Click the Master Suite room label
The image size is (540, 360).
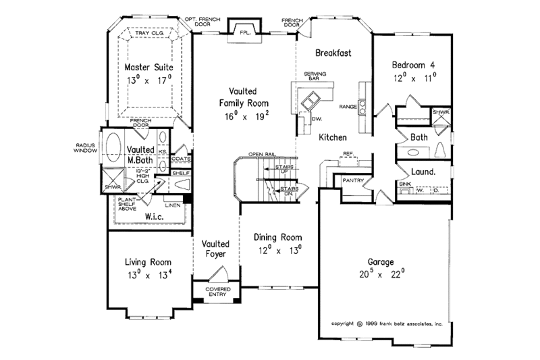click(x=149, y=68)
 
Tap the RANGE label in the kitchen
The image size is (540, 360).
click(x=348, y=106)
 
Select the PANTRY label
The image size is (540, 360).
click(x=354, y=181)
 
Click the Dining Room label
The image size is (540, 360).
click(x=277, y=238)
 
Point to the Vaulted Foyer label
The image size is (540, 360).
click(x=215, y=249)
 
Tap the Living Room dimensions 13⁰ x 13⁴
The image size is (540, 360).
click(x=148, y=274)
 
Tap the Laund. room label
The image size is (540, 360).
click(x=423, y=172)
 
